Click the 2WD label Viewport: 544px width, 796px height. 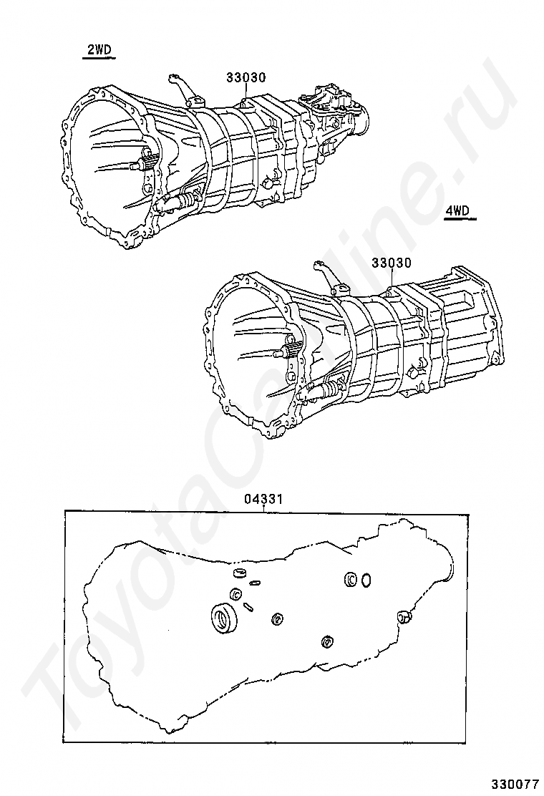click(x=99, y=50)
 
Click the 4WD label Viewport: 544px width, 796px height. click(x=457, y=211)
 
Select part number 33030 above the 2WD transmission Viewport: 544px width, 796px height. click(x=246, y=77)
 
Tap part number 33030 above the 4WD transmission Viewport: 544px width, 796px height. click(x=392, y=263)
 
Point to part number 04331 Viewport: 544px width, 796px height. click(x=263, y=499)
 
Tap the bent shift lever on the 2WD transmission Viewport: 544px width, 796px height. click(x=180, y=87)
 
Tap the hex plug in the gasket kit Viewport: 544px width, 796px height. click(x=404, y=616)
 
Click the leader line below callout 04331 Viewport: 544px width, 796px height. click(x=264, y=508)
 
